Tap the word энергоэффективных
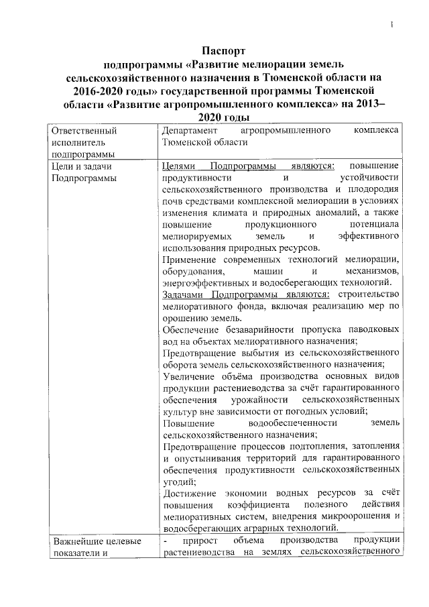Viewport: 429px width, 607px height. (202, 282)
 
